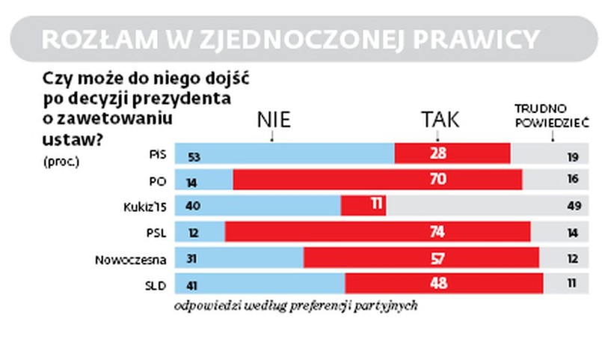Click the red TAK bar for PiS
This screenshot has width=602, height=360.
pyautogui.click(x=452, y=153)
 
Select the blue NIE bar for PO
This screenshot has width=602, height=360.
pyautogui.click(x=203, y=179)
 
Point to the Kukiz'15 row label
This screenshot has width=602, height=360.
pyautogui.click(x=144, y=206)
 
